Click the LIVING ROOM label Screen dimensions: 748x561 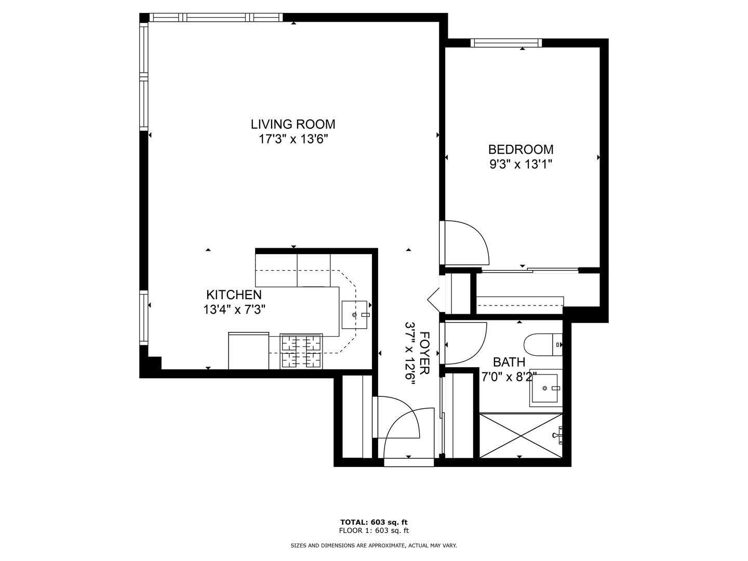pyautogui.click(x=293, y=124)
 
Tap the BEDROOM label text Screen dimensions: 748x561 pyautogui.click(x=520, y=150)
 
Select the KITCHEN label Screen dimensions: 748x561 pyautogui.click(x=234, y=295)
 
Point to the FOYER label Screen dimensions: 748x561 pyautogui.click(x=424, y=353)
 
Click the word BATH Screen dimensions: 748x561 pyautogui.click(x=509, y=362)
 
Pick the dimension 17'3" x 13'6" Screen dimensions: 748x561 pyautogui.click(x=293, y=139)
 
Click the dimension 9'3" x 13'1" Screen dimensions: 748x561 pyautogui.click(x=520, y=165)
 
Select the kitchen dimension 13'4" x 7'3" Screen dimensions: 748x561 pyautogui.click(x=234, y=310)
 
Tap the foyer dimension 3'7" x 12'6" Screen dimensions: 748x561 pyautogui.click(x=410, y=353)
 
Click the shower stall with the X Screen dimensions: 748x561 pyautogui.click(x=520, y=436)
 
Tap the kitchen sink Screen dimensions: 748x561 pyautogui.click(x=355, y=315)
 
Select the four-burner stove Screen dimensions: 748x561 pyautogui.click(x=301, y=351)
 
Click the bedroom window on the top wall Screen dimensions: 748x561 pyautogui.click(x=506, y=43)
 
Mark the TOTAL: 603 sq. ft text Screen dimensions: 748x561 pyautogui.click(x=374, y=522)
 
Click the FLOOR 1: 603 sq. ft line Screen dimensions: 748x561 pyautogui.click(x=374, y=530)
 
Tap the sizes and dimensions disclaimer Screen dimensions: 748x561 pyautogui.click(x=373, y=545)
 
